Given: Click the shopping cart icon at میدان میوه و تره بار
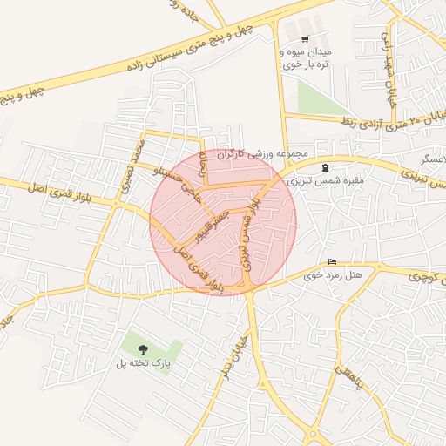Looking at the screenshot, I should pyautogui.click(x=305, y=38).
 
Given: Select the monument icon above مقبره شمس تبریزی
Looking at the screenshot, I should pyautogui.click(x=326, y=167).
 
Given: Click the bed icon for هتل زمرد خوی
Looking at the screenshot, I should pyautogui.click(x=331, y=262).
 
